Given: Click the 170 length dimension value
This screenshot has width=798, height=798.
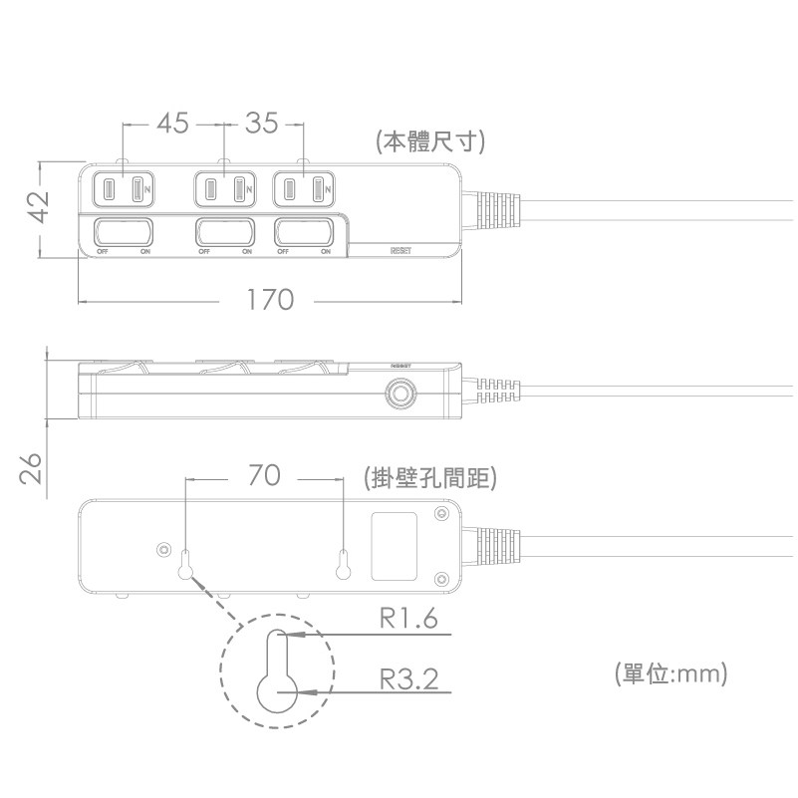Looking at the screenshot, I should coord(270,299).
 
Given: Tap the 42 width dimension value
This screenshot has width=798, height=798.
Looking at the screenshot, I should coord(38,208).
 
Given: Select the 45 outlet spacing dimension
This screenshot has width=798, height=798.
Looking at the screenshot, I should coord(172,124).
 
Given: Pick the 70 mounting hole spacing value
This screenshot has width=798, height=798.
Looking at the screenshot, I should coord(265,477).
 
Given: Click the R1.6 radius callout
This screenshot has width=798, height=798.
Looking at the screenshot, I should coord(408,620).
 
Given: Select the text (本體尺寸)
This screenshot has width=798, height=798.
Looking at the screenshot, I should coord(430,141).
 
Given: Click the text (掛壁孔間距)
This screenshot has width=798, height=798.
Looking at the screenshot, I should coord(430,478).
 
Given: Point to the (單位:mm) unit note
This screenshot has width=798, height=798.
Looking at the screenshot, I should coord(670,673).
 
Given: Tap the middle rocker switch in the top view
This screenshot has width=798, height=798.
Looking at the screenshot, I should coord(224,233).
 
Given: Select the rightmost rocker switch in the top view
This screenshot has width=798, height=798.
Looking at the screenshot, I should coord(305,233).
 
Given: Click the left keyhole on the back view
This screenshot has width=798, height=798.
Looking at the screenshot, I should coord(185,565).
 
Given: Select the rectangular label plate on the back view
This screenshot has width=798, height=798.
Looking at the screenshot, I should coord(394,545).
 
